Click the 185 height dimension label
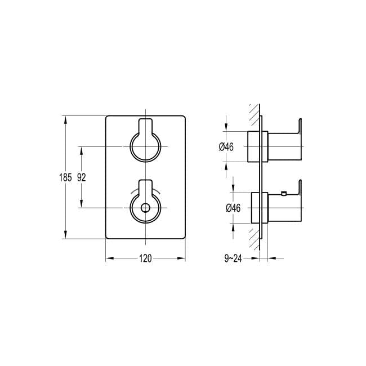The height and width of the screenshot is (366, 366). pyautogui.click(x=65, y=177)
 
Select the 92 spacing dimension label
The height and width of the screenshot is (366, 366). pyautogui.click(x=81, y=177)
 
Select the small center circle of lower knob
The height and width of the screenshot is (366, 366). pyautogui.click(x=145, y=208)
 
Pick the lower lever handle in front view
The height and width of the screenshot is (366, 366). pyautogui.click(x=145, y=188)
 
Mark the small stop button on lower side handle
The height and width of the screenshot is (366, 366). pyautogui.click(x=283, y=194)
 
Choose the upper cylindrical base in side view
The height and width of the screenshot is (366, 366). pyautogui.click(x=257, y=146)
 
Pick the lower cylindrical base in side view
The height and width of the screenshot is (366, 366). pyautogui.click(x=257, y=208)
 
